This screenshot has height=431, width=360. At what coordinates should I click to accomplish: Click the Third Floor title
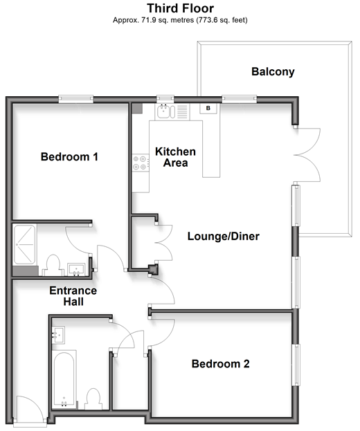pyautogui.click(x=180, y=8)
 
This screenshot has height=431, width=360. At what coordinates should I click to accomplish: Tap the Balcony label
pyautogui.click(x=273, y=72)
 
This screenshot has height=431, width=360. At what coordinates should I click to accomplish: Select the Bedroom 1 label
pyautogui.click(x=69, y=156)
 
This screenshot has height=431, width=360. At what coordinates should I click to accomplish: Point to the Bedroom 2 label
pyautogui.click(x=221, y=364)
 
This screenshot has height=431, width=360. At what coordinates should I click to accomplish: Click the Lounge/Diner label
pyautogui.click(x=224, y=236)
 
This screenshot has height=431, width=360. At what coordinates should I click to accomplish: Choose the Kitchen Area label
pyautogui.click(x=175, y=157)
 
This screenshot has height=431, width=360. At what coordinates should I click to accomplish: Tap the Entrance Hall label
pyautogui.click(x=73, y=296)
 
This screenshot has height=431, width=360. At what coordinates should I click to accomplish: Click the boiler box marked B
pyautogui.click(x=208, y=109)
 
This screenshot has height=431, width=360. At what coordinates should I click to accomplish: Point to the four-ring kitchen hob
pyautogui.click(x=141, y=163)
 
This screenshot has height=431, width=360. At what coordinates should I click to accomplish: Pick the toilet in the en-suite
pyautogui.click(x=53, y=265)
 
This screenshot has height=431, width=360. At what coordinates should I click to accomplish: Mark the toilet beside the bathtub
pyautogui.click(x=93, y=399)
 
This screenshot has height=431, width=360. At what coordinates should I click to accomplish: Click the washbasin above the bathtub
pyautogui.click(x=58, y=335)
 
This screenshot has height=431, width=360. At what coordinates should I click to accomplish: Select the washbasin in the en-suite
pyautogui.click(x=76, y=269)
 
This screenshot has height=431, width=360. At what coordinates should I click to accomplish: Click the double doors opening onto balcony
pyautogui.click(x=307, y=155)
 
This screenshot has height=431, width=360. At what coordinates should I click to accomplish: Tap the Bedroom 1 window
pyautogui.click(x=76, y=99)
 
